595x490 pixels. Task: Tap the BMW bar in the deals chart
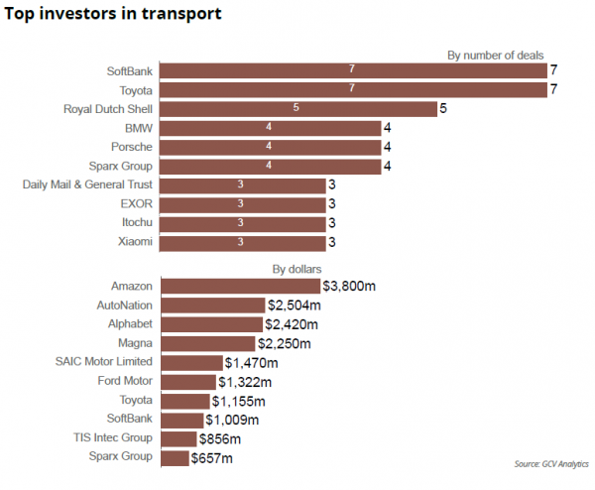pos(271,128)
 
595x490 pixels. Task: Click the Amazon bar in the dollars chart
pos(241,286)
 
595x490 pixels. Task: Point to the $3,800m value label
pos(349,286)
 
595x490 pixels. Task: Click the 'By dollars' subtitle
pos(297,269)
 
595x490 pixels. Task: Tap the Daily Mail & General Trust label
pos(87,184)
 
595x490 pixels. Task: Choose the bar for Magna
pos(208,343)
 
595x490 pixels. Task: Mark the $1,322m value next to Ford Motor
pos(245,381)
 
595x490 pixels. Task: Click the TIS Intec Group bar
pos(179,438)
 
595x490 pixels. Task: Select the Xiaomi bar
pos(243,242)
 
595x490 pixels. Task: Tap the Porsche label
pos(132,147)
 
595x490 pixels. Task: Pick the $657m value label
pos(212,457)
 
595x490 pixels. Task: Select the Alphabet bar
pos(211,324)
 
